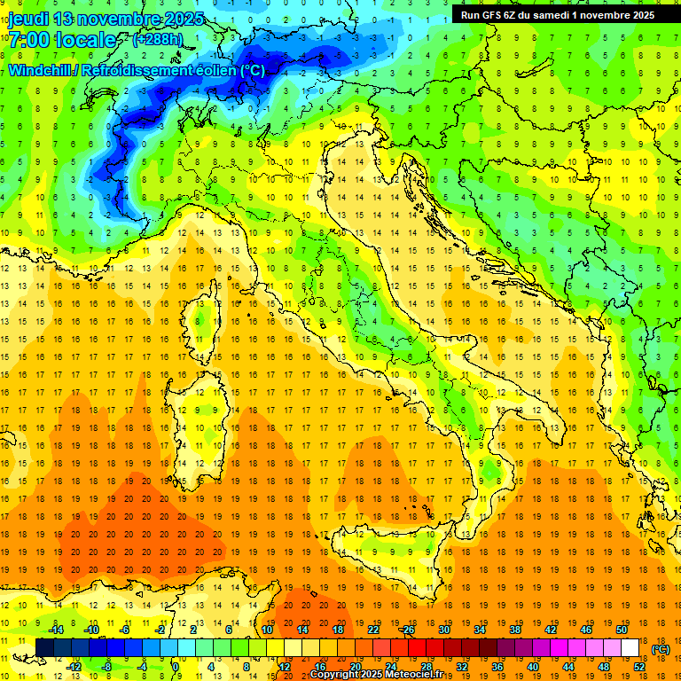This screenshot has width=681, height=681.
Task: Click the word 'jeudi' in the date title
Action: click(28, 19)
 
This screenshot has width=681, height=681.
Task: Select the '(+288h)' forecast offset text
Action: click(157, 40)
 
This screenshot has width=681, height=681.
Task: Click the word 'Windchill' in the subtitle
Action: click(40, 70)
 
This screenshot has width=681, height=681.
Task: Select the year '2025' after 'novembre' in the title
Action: click(184, 19)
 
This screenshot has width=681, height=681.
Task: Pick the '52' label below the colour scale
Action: click(639, 666)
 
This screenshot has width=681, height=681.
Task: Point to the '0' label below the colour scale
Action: click(176, 666)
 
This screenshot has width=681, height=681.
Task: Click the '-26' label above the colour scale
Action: click(407, 630)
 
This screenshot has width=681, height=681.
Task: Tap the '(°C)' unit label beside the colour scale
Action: click(661, 649)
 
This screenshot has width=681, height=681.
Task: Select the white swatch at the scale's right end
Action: click(630, 648)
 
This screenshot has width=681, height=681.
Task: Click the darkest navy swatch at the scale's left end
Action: click(44, 648)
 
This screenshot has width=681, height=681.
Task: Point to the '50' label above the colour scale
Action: click(621, 630)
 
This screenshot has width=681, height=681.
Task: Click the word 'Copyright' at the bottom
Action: click(337, 675)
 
